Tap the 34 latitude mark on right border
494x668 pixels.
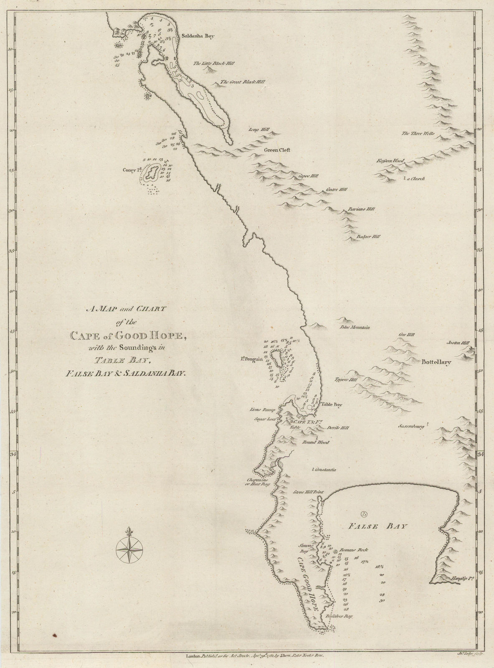(x=481, y=454)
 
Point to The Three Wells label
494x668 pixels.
(x=418, y=134)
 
